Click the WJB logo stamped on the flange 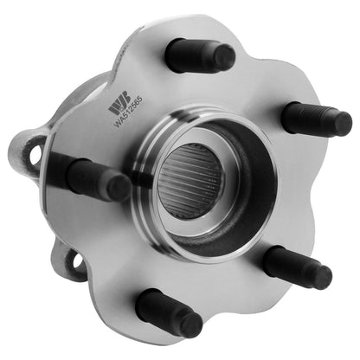[119, 106]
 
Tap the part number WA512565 [128, 111]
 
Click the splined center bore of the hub [189, 180]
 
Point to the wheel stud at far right [317, 119]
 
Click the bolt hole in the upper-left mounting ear [36, 154]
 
